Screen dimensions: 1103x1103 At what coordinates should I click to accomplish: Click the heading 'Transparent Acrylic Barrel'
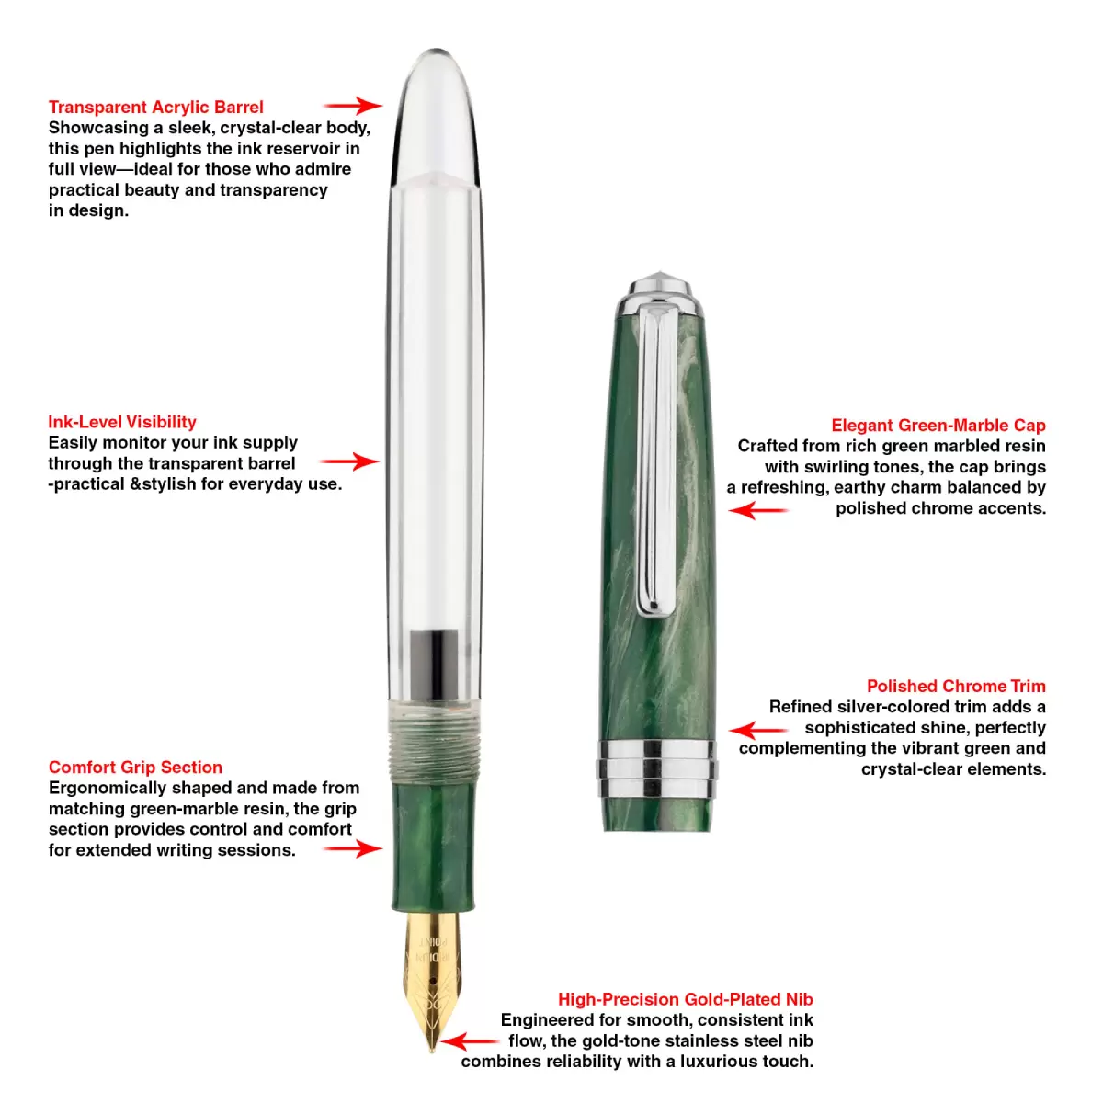coord(155,107)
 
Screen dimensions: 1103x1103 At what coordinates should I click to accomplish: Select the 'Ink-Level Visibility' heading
coord(122,422)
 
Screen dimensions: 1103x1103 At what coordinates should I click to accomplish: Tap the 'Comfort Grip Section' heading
coord(135,767)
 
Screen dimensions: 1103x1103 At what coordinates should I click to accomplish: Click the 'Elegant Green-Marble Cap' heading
coord(938,426)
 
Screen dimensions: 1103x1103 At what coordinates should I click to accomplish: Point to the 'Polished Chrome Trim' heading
coord(956,686)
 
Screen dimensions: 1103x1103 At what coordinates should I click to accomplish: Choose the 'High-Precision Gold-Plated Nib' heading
coord(685,999)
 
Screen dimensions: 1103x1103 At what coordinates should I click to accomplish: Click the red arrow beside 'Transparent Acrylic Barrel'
coord(353,106)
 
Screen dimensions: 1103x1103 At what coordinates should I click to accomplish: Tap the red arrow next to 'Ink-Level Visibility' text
coord(349,461)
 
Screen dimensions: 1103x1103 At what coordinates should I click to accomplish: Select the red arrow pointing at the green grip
coord(353,848)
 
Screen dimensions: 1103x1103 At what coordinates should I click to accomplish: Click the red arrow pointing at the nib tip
coord(470,1041)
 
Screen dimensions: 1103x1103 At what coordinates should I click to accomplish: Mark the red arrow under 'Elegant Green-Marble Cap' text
coord(758,510)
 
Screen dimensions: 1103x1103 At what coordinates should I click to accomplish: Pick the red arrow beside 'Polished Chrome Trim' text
coord(758,731)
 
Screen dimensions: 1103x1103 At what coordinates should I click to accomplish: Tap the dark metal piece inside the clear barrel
coord(435,664)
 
